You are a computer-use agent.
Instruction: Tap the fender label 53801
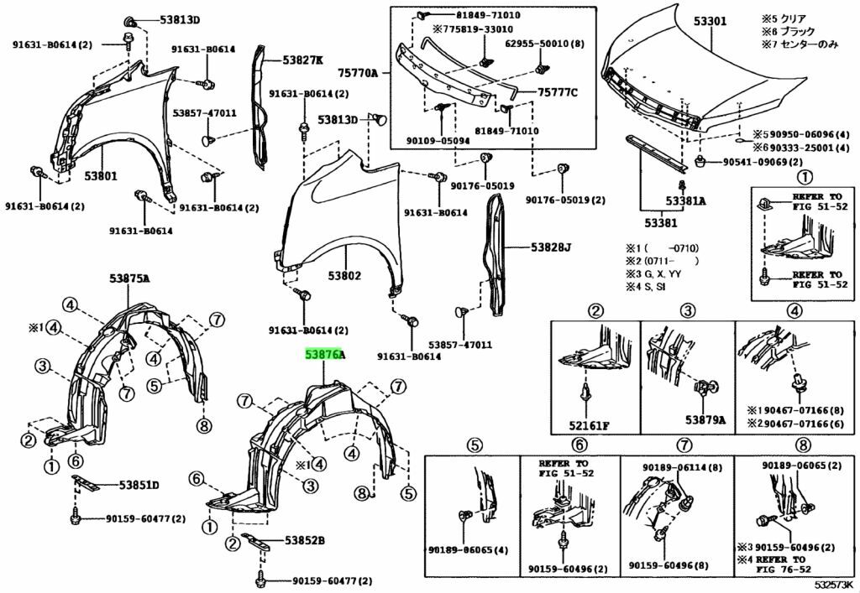coord(99,176)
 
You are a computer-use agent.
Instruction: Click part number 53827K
coord(302,60)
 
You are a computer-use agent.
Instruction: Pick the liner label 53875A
coord(128,278)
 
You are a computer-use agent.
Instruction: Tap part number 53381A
coord(686,201)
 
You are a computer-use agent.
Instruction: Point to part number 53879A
coord(704,419)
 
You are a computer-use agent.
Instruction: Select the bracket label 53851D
coord(139,485)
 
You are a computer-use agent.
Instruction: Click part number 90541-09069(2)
coord(758,161)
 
